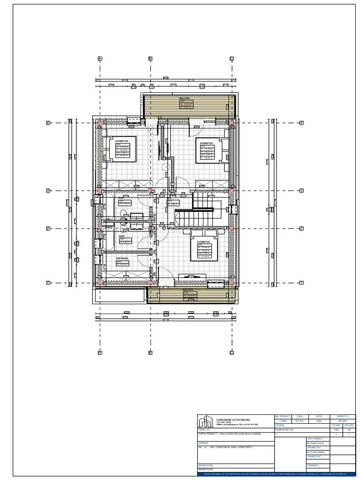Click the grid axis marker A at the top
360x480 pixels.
click(100, 59)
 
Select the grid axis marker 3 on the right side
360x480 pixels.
click(302, 191)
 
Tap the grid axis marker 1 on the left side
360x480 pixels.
click(48, 283)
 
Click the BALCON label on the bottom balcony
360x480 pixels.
click(188, 290)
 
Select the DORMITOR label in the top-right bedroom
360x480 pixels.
click(206, 143)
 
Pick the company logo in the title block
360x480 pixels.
click(205, 421)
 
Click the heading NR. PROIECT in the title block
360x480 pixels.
click(283, 416)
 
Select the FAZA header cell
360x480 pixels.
click(300, 416)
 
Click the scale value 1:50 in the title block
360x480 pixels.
click(336, 429)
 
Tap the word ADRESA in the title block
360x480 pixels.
click(203, 442)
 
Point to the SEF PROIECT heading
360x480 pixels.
click(315, 439)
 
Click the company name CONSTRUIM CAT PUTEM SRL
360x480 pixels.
click(233, 420)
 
